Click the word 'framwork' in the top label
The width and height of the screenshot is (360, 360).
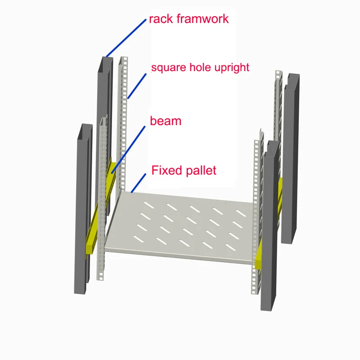tap(202, 19)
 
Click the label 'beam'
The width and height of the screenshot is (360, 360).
tap(166, 121)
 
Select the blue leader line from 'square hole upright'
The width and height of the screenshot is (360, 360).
tap(137, 85)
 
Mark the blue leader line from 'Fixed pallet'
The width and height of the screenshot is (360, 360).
tap(139, 183)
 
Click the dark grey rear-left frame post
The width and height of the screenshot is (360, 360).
tap(102, 112)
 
